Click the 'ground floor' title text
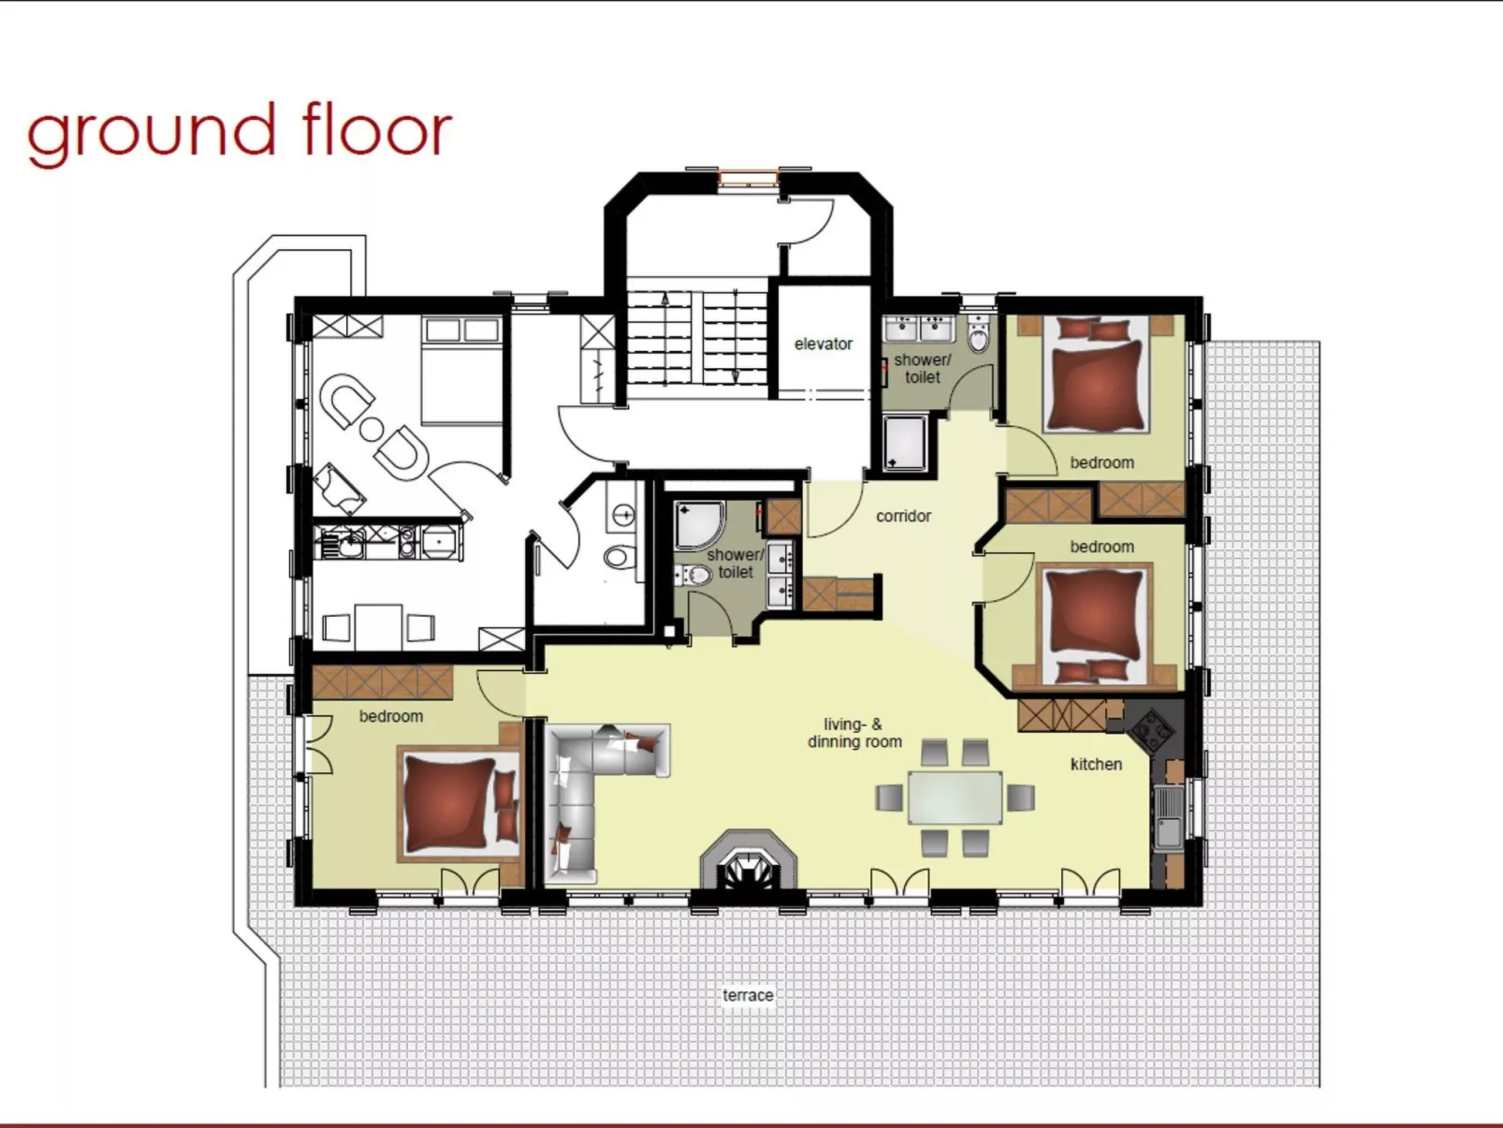240,131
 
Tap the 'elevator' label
823,344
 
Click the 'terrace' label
747,995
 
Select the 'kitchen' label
1096,764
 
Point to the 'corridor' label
903,516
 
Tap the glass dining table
955,798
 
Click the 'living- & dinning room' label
854,733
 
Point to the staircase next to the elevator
696,337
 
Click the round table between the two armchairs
372,430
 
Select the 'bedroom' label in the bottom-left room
390,716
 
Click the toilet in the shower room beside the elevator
978,336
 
